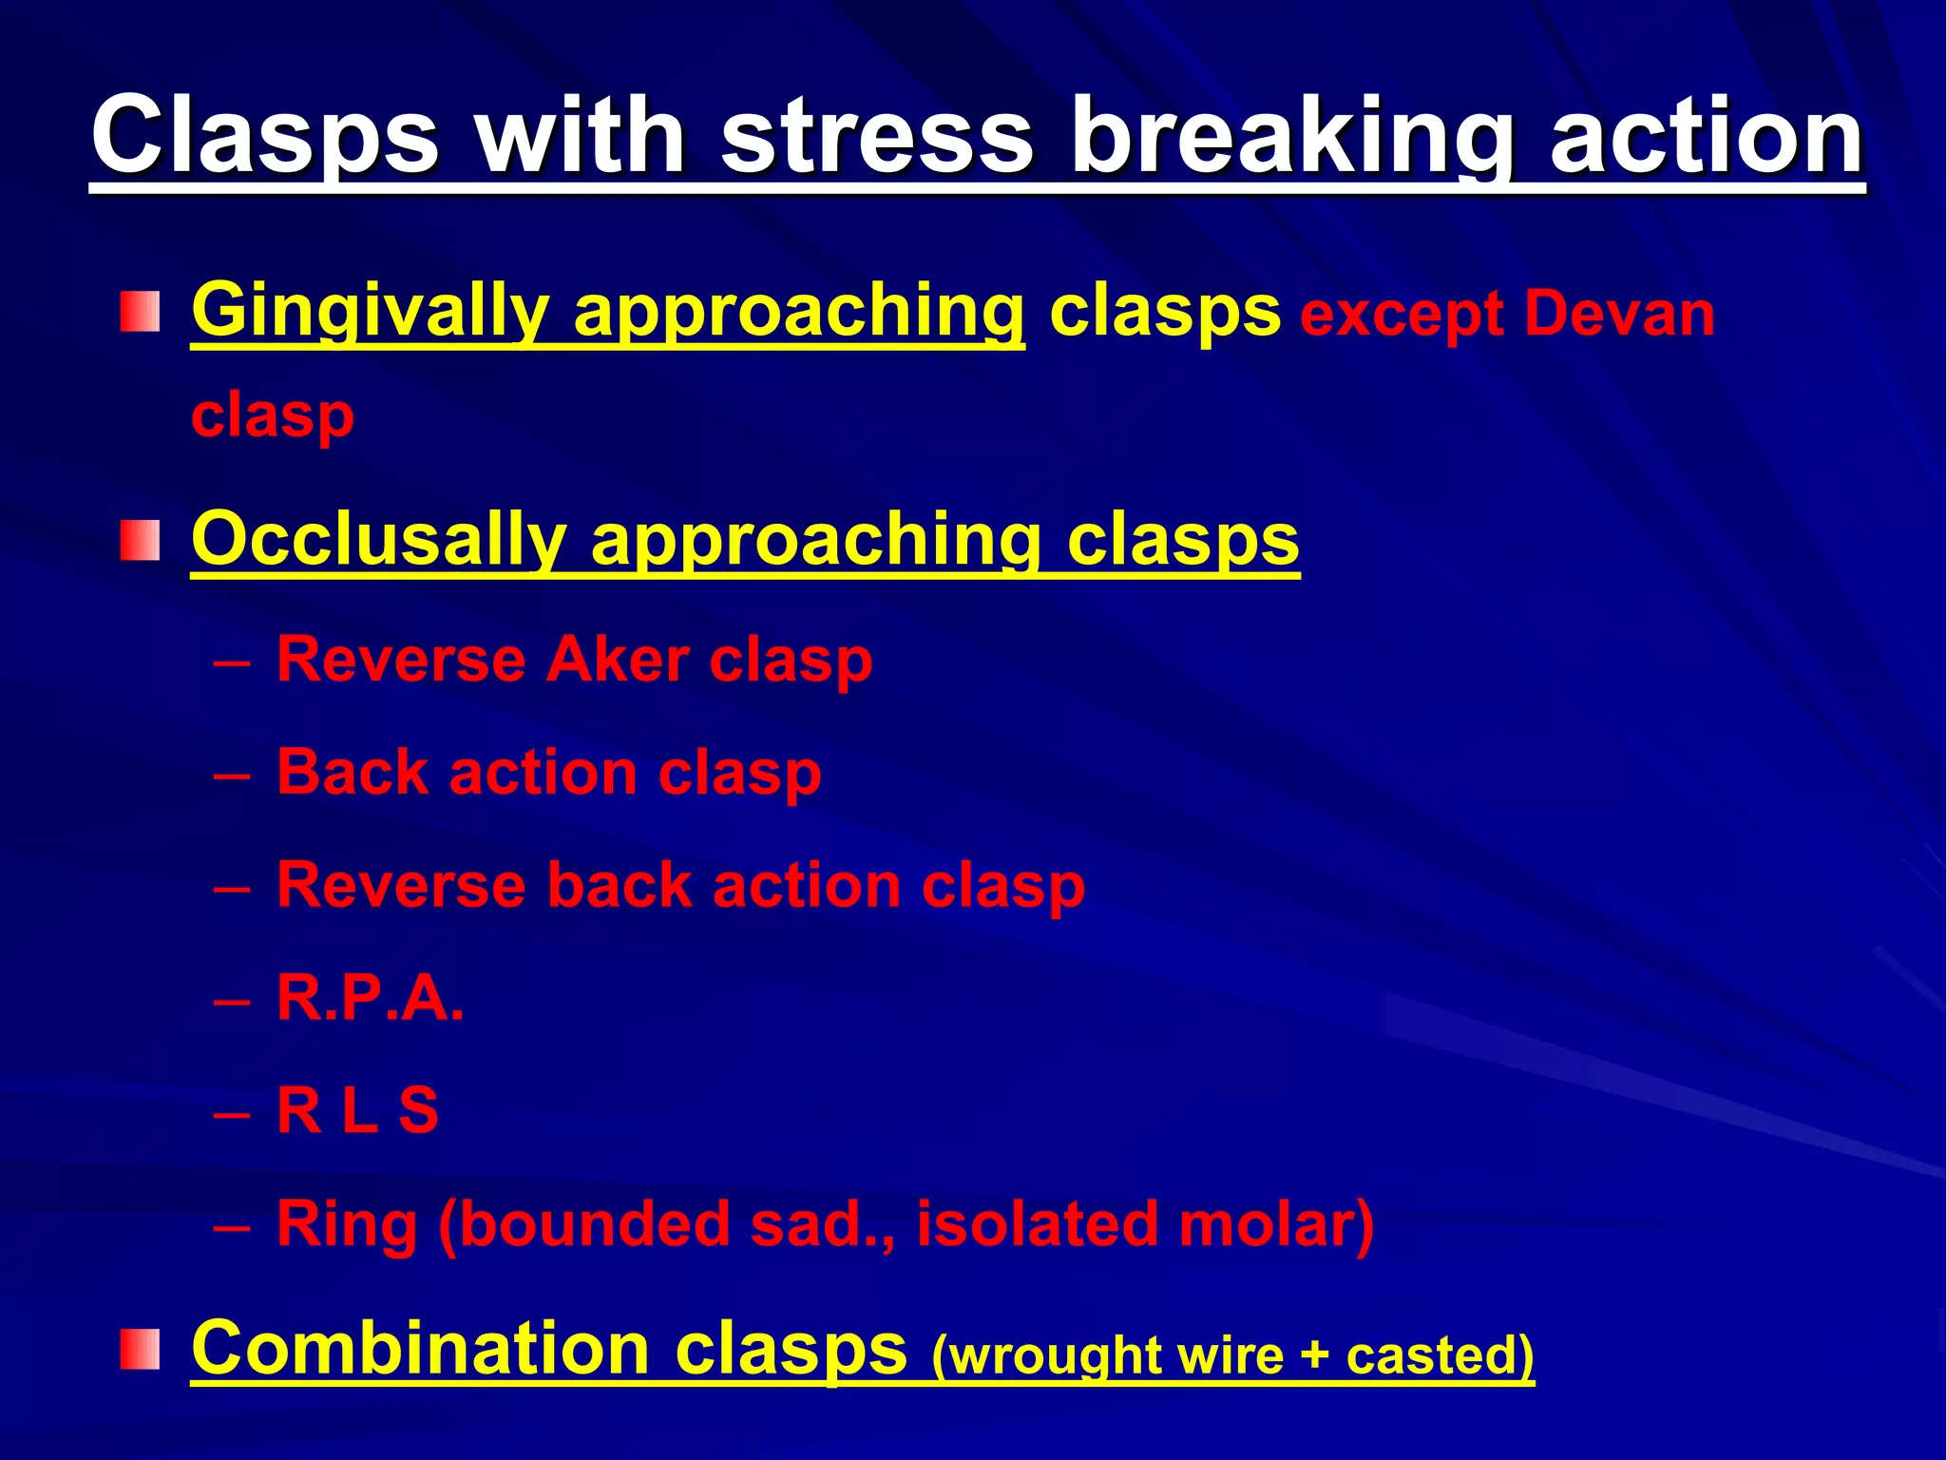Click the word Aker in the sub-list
click(618, 660)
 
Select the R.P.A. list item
click(370, 999)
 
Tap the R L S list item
click(357, 1110)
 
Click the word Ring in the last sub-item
click(346, 1224)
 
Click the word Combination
click(420, 1348)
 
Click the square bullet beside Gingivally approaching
click(140, 313)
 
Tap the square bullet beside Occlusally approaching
click(140, 540)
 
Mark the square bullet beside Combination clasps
click(140, 1350)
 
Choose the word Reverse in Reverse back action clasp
click(400, 886)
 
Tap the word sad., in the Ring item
click(821, 1224)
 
